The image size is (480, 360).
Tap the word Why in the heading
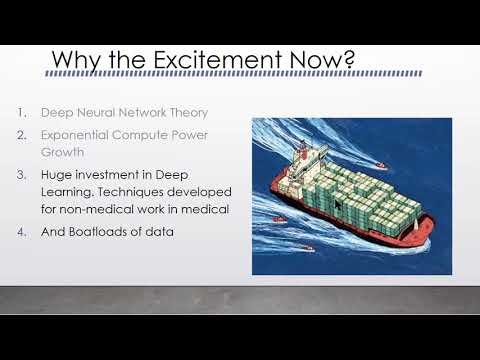75,61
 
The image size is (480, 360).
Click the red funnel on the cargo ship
303,150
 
